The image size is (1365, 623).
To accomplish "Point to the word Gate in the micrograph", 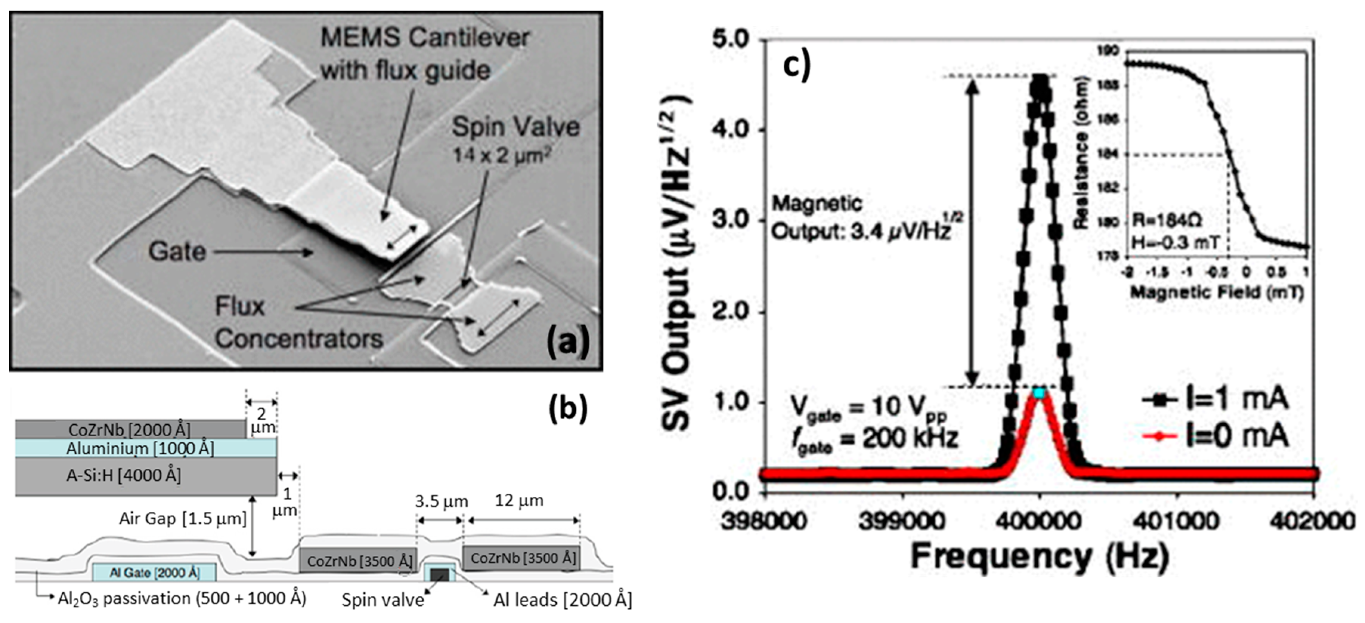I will pos(177,251).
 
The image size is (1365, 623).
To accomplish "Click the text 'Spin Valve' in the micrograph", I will pos(515,127).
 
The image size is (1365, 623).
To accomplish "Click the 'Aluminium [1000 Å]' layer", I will pos(140,449).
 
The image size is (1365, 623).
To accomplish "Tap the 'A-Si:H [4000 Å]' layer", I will pos(124,475).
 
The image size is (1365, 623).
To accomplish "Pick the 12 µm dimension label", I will pos(519,501).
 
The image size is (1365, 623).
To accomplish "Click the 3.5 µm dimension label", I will pos(441,501).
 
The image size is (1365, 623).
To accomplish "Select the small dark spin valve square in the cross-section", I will pos(439,575).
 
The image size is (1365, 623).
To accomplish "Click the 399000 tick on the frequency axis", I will pos(902,521).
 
